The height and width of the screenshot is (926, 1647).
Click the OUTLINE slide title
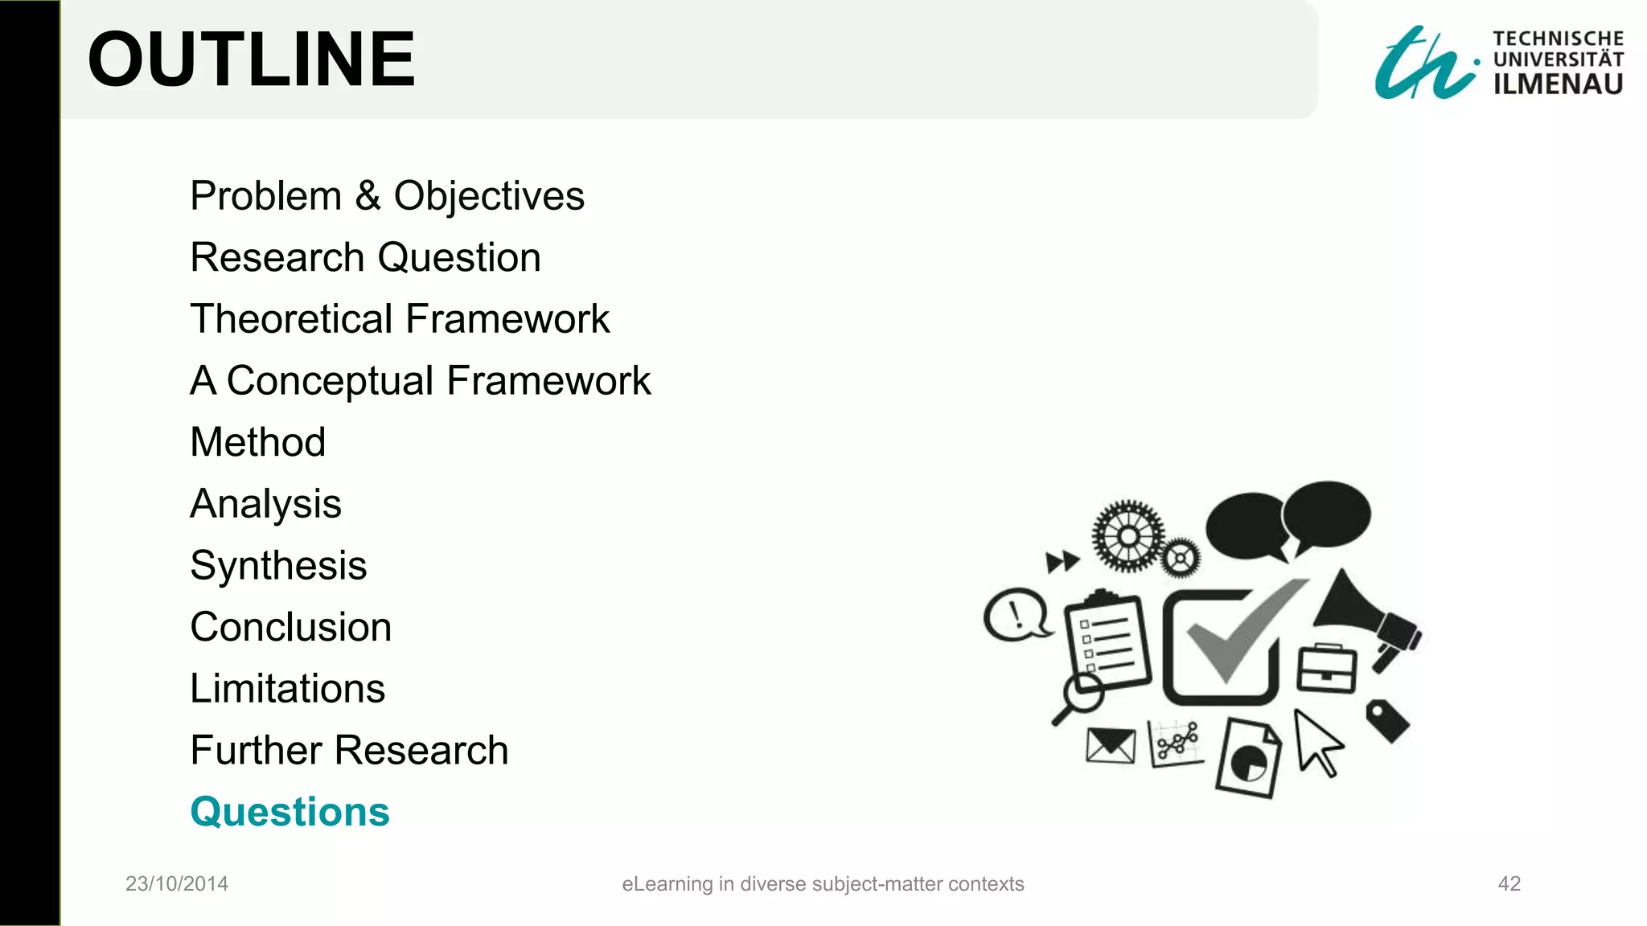251,60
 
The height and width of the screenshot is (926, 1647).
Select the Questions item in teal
290,812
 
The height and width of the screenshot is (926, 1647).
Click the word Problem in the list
266,196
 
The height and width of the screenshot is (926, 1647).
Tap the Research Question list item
365,258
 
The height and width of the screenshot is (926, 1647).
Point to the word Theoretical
291,319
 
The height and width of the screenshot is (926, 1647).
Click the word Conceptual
330,381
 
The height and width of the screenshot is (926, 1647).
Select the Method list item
257,442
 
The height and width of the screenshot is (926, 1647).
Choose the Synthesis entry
278,565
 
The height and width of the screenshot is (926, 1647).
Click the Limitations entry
287,689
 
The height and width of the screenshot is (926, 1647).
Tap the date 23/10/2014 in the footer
177,883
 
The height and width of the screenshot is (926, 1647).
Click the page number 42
1509,883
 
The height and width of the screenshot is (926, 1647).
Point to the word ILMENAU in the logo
1558,84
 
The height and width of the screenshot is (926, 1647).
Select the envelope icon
1110,746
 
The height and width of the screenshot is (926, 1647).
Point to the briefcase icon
1326,668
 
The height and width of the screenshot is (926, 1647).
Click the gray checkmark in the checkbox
1238,631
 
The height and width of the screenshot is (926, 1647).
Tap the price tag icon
1388,720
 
